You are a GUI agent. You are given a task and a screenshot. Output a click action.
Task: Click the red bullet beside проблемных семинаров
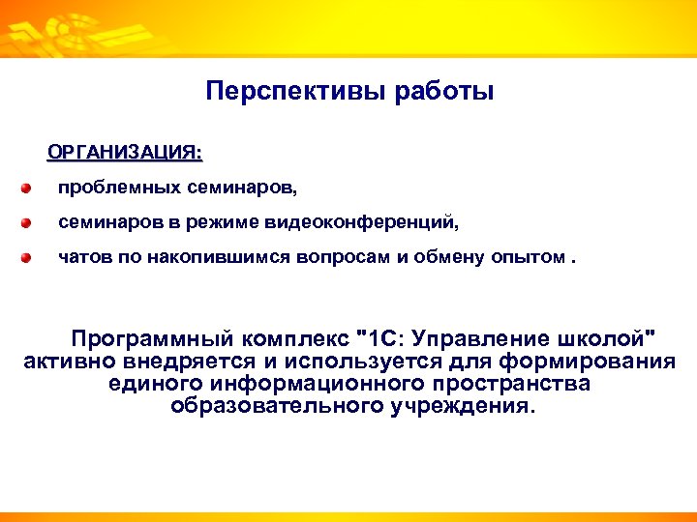tap(30, 187)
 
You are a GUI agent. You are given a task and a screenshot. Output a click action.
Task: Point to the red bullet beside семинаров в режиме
tap(30, 223)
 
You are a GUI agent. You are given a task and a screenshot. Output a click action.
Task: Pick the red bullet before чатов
tap(30, 259)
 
